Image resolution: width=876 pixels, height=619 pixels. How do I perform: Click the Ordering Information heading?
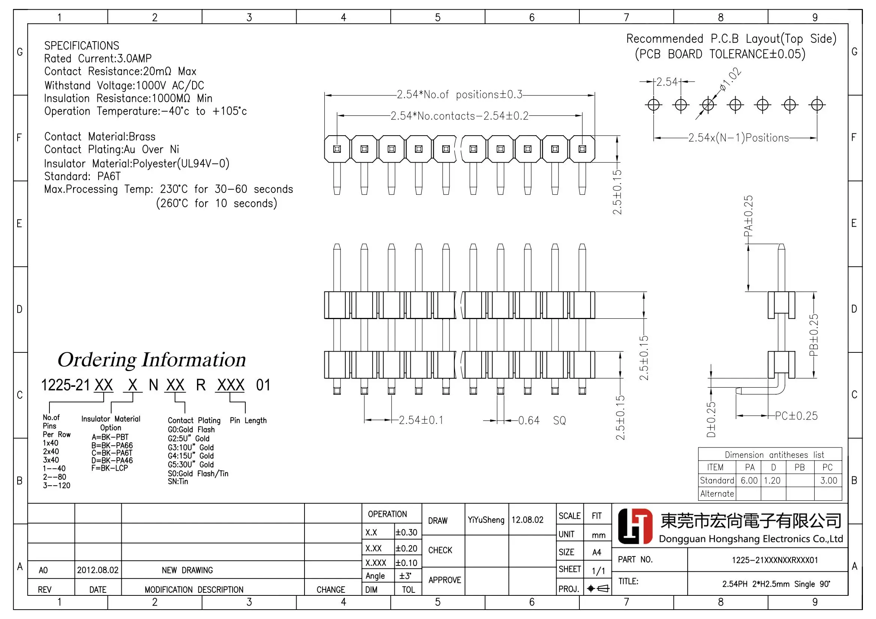151,359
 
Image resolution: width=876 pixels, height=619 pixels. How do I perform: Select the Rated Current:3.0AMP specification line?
98,58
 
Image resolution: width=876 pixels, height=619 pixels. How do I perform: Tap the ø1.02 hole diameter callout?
730,79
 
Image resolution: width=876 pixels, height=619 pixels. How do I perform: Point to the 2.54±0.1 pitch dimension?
421,420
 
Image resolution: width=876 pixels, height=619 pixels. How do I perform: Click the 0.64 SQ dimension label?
542,420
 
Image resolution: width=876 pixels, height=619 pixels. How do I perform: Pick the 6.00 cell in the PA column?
749,480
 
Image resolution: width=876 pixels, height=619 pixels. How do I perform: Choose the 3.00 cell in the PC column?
828,480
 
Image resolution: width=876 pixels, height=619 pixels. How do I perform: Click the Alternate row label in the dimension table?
716,494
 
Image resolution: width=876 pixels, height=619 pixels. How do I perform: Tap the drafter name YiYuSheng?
486,519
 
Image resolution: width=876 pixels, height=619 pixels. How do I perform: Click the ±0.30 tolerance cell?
406,532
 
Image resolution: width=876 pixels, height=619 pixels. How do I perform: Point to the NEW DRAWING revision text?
187,570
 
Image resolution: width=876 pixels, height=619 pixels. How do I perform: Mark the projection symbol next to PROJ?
598,588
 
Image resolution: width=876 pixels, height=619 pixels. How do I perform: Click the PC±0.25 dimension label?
796,416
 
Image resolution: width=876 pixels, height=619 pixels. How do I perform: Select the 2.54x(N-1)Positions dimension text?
738,138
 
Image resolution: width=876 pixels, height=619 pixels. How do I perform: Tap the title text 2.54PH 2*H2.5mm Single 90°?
776,583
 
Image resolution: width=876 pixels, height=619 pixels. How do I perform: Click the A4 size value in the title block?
596,552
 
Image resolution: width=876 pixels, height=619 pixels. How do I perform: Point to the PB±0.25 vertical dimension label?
813,335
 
